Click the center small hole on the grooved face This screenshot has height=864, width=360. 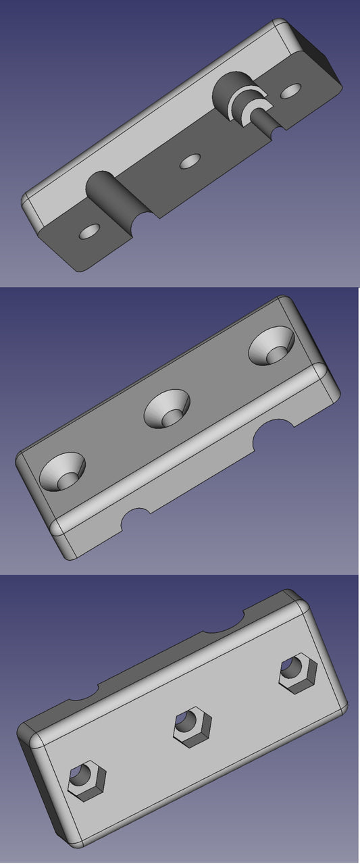pos(191,161)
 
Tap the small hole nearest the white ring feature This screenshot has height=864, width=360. pos(291,90)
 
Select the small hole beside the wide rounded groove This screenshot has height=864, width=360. pos(89,232)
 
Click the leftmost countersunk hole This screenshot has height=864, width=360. pos(63,471)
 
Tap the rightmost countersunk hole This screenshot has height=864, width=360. pos(272,347)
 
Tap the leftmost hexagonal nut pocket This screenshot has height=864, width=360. pos(87,782)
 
